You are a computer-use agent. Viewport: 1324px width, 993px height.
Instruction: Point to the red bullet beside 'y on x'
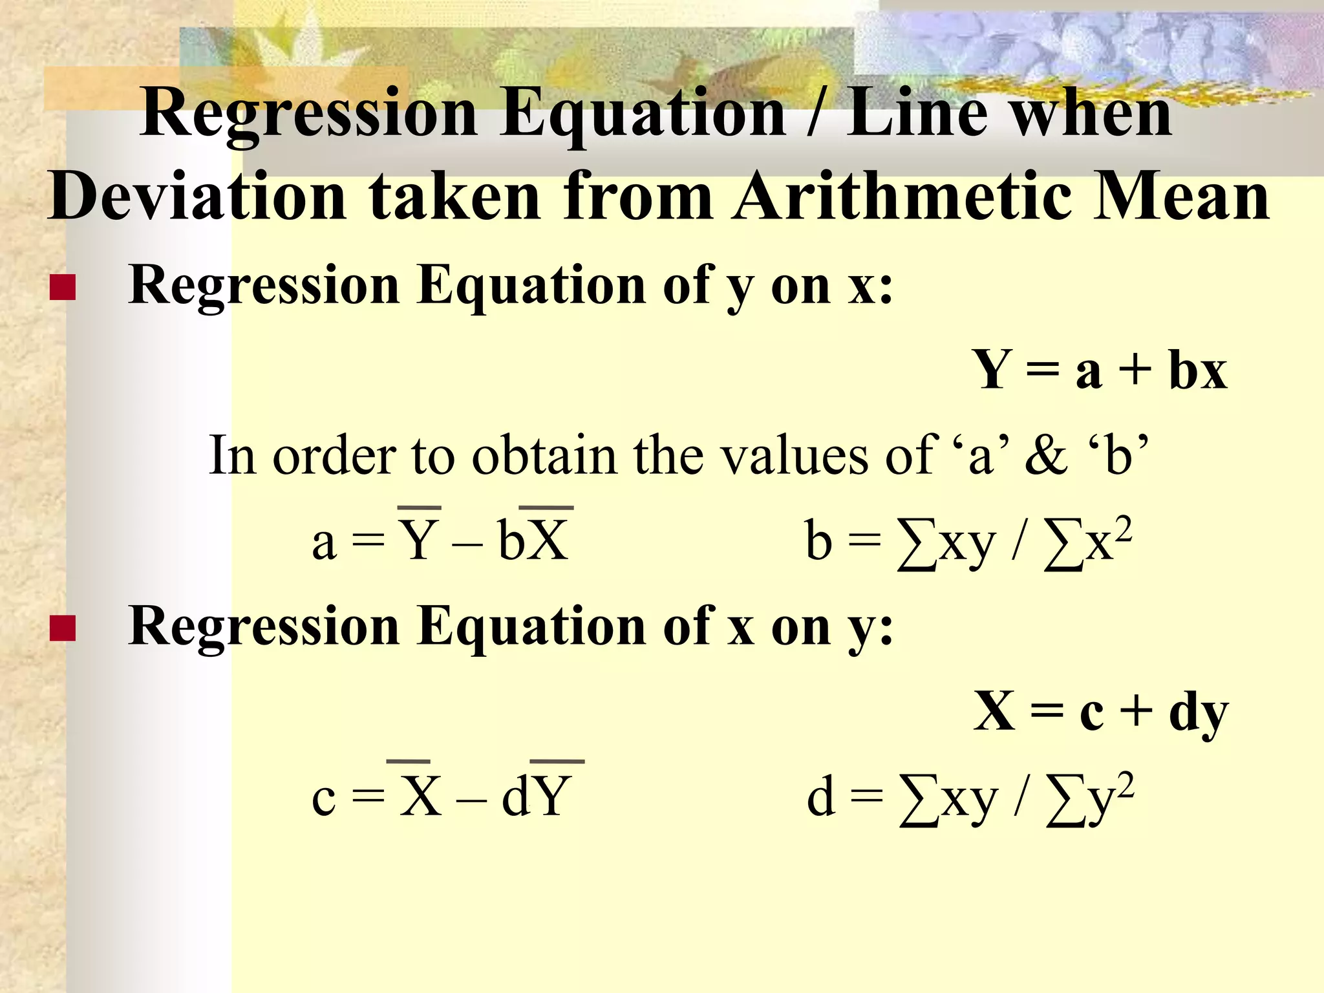[x=63, y=288]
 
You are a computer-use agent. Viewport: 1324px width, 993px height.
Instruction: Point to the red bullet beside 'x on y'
[x=63, y=628]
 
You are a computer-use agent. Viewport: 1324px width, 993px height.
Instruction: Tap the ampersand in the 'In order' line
[x=1046, y=456]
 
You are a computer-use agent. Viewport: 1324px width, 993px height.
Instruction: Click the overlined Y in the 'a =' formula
[x=419, y=540]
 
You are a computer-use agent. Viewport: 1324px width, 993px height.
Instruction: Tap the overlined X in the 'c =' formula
[x=420, y=796]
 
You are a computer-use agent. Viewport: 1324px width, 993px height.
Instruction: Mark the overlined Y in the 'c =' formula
[x=553, y=796]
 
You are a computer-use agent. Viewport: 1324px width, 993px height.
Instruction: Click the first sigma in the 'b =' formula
[x=917, y=547]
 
